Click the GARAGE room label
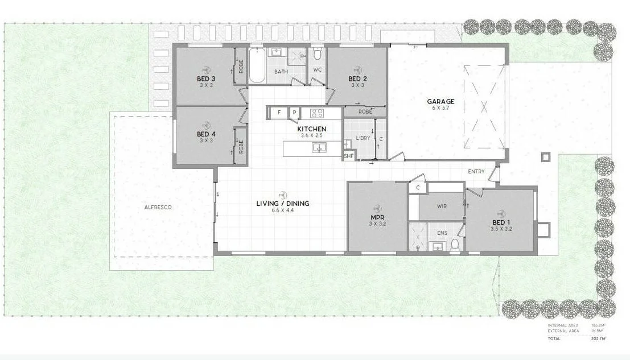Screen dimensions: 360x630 (x=440, y=102)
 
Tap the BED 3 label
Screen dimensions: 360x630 (x=206, y=78)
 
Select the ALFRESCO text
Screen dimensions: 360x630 (x=158, y=208)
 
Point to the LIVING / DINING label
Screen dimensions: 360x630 (x=282, y=204)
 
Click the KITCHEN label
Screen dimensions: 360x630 (x=312, y=129)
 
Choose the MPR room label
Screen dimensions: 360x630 (x=377, y=217)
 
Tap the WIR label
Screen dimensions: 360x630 (x=442, y=206)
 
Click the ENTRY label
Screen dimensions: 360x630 (x=476, y=171)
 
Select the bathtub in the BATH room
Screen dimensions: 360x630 (x=256, y=65)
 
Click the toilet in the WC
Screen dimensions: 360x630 (x=318, y=55)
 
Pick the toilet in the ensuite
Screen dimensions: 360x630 (x=455, y=245)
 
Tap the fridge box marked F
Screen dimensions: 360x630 (x=279, y=113)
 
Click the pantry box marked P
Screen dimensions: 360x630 (x=294, y=113)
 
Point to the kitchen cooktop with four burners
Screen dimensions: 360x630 (x=317, y=113)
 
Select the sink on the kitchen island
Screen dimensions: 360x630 (x=319, y=148)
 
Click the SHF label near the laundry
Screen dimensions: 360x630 (x=348, y=155)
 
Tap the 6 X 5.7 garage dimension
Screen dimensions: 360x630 (x=440, y=109)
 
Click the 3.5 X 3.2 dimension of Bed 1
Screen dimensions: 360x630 (x=501, y=229)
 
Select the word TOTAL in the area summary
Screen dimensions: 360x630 (x=554, y=338)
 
